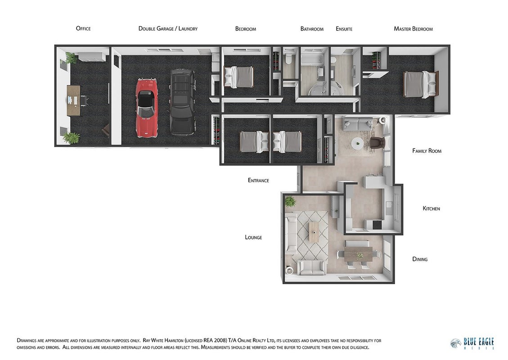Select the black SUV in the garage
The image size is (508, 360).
pos(183,102)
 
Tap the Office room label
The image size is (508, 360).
pos(83,28)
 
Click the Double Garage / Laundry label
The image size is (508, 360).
pos(168,28)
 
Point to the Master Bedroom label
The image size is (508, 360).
pos(413,29)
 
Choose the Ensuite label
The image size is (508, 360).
pos(344,29)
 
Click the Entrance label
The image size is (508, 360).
pos(258,180)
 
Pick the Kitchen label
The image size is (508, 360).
pos(431,208)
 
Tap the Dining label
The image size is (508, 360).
pos(419,259)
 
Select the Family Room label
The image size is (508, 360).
pos(427,151)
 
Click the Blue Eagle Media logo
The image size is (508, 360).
pos(472,343)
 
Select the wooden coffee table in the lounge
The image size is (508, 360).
pos(314,232)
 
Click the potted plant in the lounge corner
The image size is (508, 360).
pos(290,202)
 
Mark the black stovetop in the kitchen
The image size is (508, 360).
pos(377,224)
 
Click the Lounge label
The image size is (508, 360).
pos(253,237)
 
